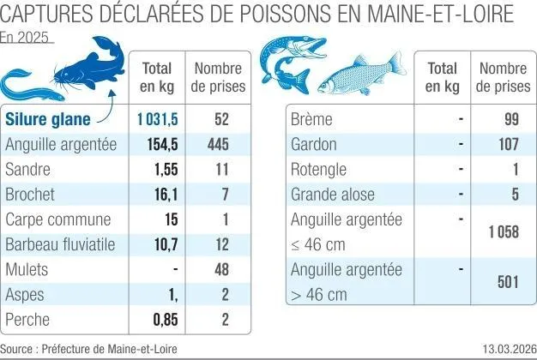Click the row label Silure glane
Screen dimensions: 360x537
click(51, 120)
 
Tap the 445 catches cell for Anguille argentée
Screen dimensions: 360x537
click(218, 145)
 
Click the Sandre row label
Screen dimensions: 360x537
click(27, 170)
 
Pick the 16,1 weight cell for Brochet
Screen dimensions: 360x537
click(164, 195)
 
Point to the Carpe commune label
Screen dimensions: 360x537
click(57, 219)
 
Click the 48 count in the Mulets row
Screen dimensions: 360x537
click(220, 269)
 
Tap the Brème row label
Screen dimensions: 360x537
click(312, 120)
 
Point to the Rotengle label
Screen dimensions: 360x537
click(319, 170)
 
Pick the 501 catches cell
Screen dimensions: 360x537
click(507, 282)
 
